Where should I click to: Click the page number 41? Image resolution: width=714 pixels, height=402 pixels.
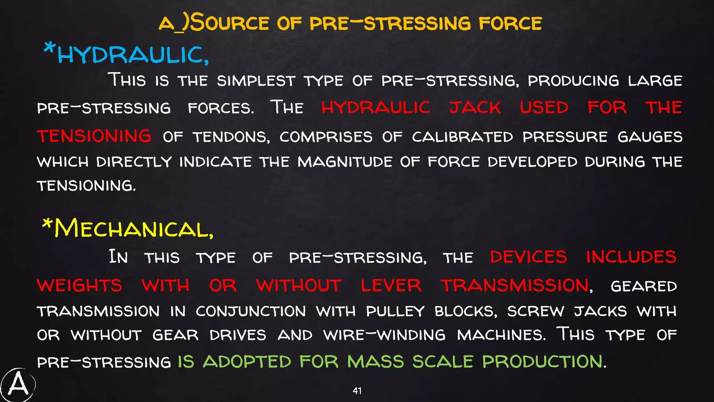[357, 391]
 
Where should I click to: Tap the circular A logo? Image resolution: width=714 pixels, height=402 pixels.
[18, 385]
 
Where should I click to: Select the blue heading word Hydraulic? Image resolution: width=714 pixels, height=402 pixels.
[133, 55]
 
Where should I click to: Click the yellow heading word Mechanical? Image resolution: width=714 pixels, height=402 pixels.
[134, 229]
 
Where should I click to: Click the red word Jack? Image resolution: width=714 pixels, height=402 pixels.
[475, 107]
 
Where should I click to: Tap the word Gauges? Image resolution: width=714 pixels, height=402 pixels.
[650, 137]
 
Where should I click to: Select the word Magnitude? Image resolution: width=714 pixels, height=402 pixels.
[345, 162]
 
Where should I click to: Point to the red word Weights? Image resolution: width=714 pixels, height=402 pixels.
[79, 285]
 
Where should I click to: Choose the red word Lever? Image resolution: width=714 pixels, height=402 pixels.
[391, 285]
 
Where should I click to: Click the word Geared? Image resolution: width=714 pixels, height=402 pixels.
[644, 286]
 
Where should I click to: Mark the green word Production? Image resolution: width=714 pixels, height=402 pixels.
[542, 362]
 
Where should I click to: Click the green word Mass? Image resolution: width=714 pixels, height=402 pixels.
[375, 362]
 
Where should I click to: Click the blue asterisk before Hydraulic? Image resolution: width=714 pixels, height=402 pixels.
[49, 47]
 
